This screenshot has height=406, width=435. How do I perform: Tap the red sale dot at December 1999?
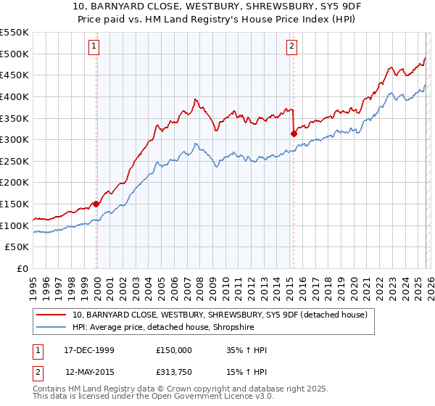(x=96, y=204)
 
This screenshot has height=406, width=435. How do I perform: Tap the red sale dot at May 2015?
(x=294, y=133)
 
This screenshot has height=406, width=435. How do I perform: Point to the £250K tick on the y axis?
(x=15, y=161)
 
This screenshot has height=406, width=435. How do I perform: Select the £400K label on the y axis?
(x=15, y=96)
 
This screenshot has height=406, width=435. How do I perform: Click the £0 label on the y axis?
(x=23, y=268)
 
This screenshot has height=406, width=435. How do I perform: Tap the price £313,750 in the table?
(x=173, y=372)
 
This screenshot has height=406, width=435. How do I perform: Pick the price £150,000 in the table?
(x=173, y=350)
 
